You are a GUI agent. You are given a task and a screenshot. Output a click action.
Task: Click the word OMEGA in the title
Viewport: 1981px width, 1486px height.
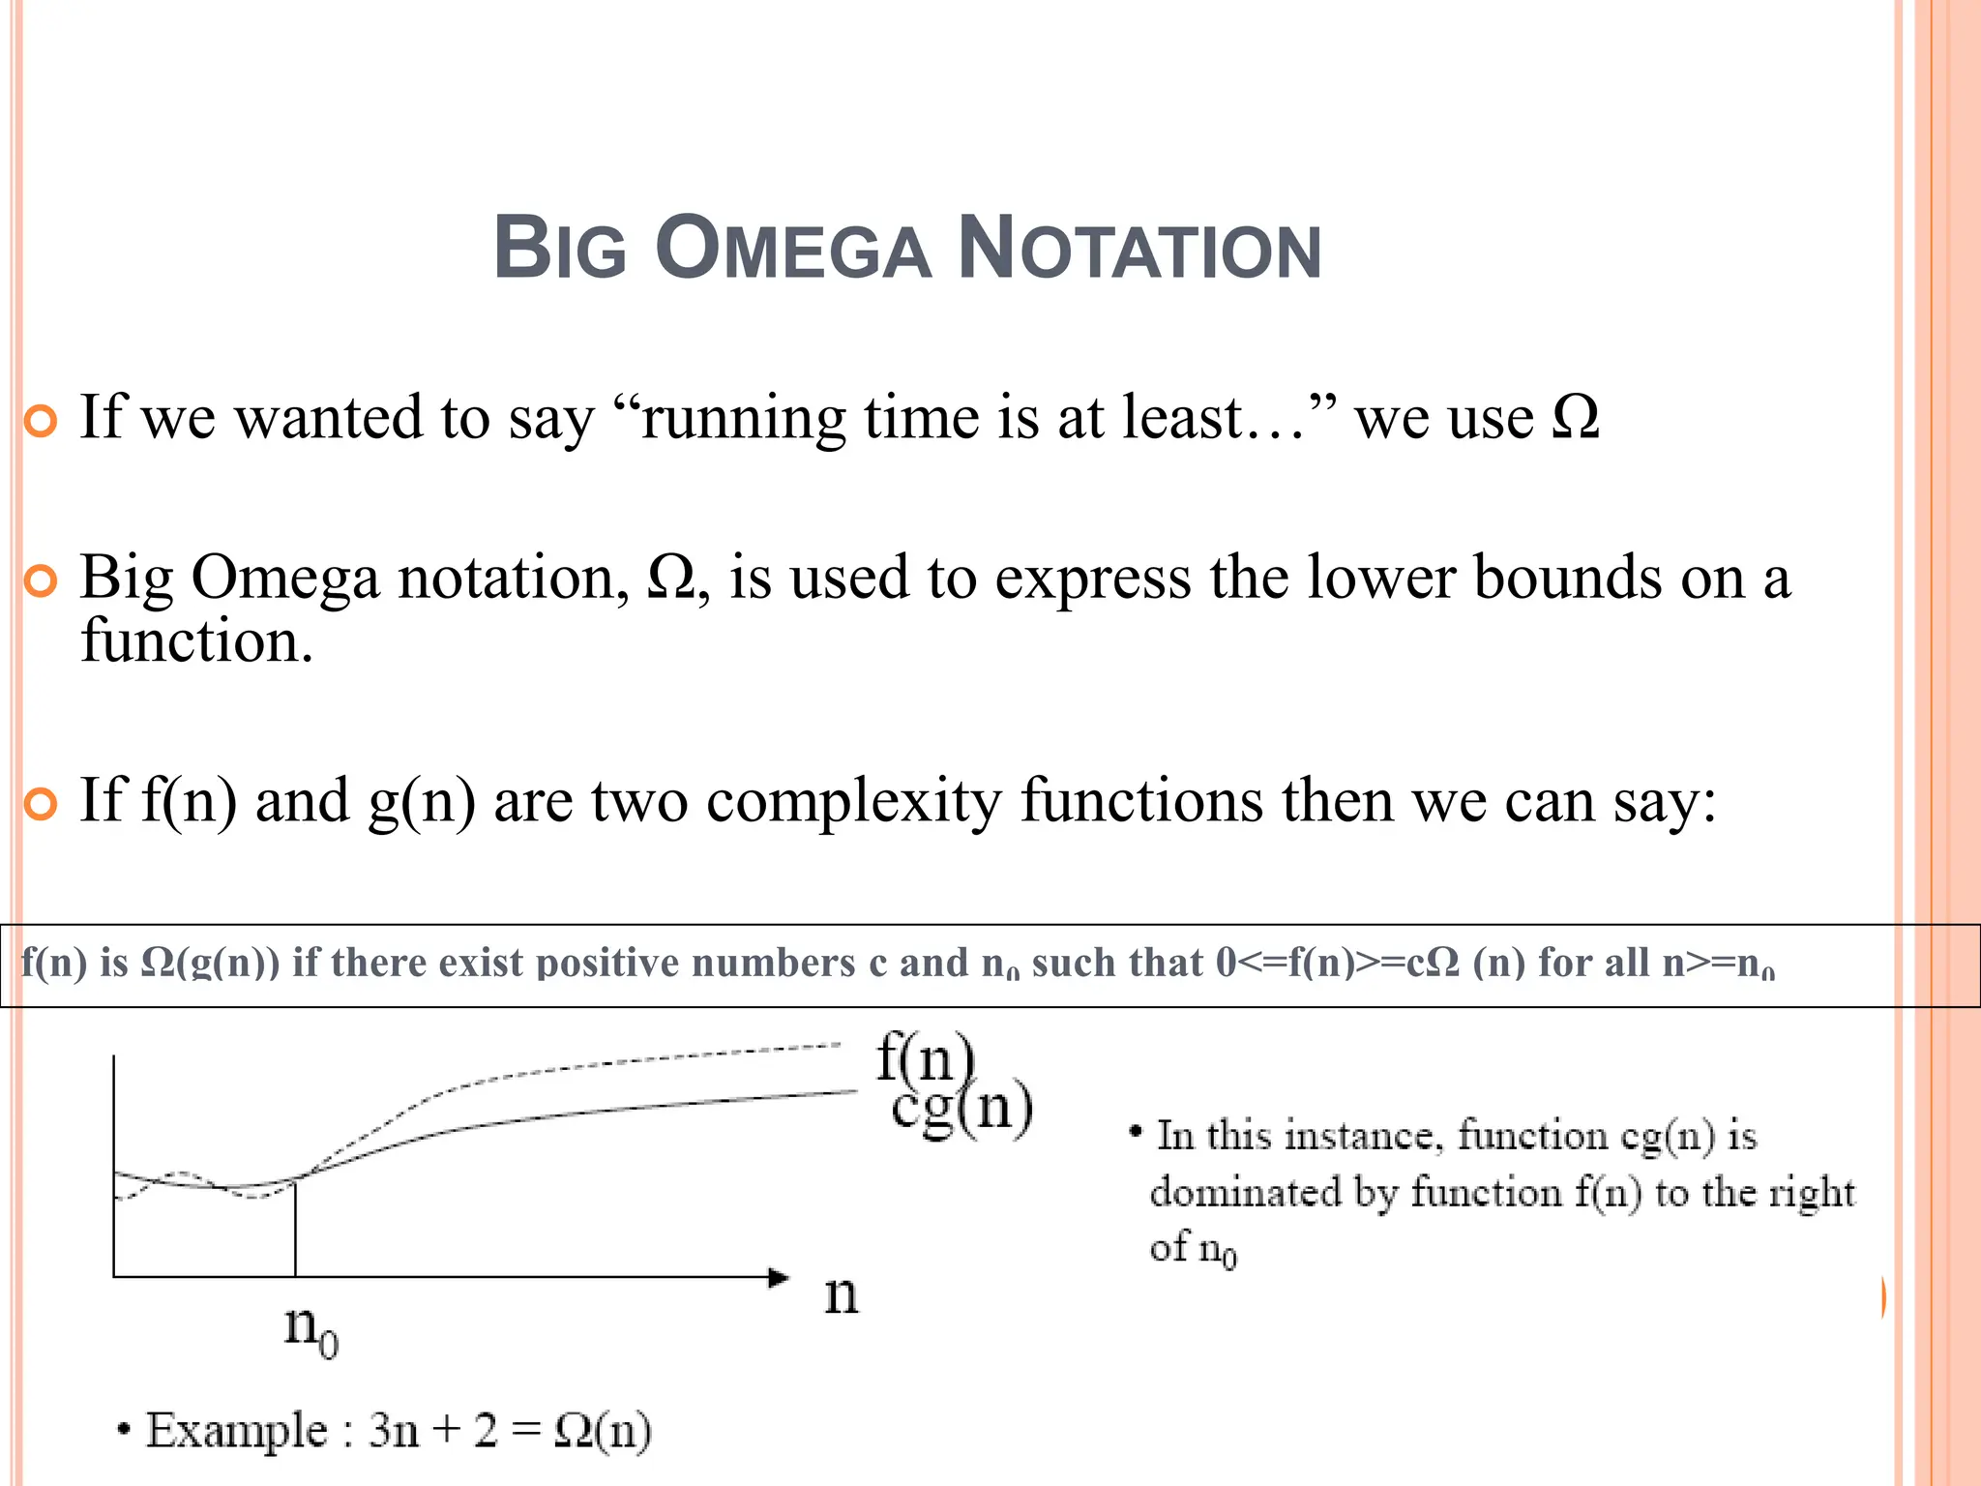pos(793,249)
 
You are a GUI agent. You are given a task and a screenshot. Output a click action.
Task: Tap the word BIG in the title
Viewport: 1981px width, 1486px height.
pos(560,249)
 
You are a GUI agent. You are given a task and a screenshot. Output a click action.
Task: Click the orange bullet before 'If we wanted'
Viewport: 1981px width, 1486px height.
pos(41,422)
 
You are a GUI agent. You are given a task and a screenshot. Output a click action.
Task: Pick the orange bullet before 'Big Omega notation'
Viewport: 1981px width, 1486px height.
pos(41,581)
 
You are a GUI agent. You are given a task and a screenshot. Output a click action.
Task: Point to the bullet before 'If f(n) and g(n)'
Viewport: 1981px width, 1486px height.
pos(41,804)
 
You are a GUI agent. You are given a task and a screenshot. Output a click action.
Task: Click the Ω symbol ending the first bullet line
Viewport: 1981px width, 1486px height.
pos(1575,419)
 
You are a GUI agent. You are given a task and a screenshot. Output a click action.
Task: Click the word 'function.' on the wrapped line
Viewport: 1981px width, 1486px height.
pos(196,641)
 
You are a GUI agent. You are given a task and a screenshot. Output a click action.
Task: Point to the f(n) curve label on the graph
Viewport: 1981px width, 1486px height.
pos(924,1057)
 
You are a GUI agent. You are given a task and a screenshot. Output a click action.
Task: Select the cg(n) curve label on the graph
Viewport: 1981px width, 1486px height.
pos(961,1109)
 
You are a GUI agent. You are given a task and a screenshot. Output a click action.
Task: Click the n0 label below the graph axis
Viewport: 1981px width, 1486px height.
pos(310,1329)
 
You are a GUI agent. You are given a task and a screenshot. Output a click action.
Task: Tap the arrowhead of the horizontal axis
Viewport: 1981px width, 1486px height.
pos(778,1277)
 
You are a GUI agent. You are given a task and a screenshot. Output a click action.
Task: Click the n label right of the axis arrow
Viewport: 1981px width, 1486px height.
pos(841,1294)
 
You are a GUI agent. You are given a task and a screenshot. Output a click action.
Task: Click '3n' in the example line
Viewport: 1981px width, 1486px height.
pos(393,1430)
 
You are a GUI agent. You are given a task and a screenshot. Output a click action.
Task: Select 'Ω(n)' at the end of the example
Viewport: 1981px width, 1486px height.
pos(602,1430)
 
